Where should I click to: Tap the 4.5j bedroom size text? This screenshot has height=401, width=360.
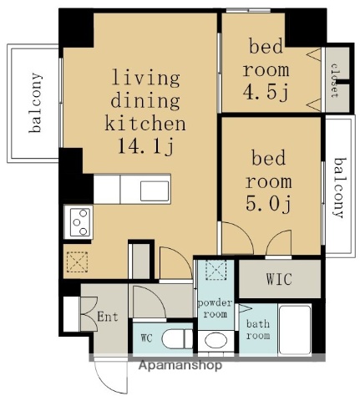[266, 92]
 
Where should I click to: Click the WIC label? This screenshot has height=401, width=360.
[279, 279]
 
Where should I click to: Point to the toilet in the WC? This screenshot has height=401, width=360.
[177, 338]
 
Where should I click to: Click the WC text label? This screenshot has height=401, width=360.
[146, 338]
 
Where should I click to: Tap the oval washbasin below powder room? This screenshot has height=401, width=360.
[215, 340]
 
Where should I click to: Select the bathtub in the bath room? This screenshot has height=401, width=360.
[295, 330]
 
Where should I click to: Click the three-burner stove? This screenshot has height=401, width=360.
[79, 222]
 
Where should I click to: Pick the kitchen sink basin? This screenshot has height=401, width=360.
[155, 191]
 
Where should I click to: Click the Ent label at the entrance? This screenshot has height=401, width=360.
[108, 317]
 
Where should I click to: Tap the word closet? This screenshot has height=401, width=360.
[334, 81]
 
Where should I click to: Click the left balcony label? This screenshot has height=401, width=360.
[36, 103]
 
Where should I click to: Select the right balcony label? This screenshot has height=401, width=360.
[340, 188]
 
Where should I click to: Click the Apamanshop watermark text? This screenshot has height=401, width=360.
[180, 365]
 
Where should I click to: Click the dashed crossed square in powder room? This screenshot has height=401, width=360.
[215, 270]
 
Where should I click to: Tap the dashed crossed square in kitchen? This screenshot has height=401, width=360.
[77, 262]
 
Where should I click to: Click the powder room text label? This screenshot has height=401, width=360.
[215, 308]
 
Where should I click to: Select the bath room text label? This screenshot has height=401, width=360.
[258, 329]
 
